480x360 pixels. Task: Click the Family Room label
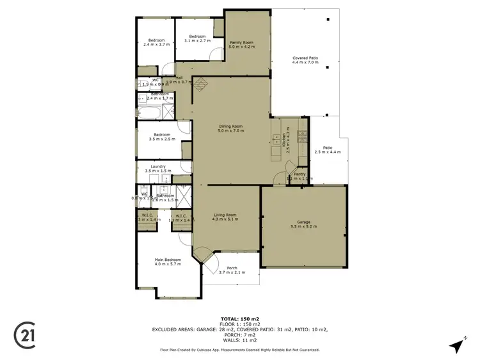tap(241, 43)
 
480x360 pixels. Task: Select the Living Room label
tap(225, 215)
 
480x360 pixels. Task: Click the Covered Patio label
tap(305, 58)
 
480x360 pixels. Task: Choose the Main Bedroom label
tap(168, 260)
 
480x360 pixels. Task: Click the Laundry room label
tap(158, 167)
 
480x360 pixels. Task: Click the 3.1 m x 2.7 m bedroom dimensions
tap(196, 40)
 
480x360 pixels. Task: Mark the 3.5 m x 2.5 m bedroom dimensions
tap(161, 139)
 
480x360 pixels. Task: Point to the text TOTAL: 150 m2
tap(239, 318)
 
